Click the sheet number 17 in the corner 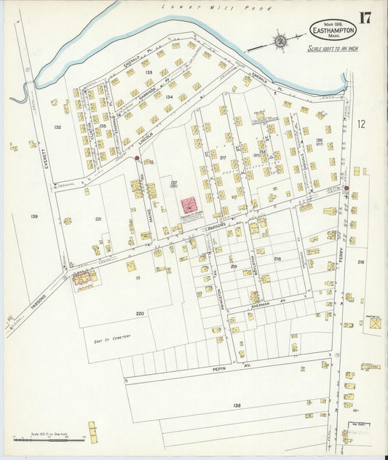pos(364,17)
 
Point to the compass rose pos(280,40)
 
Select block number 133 pos(148,73)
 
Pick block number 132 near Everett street pos(58,127)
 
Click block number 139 pos(33,217)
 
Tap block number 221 pos(98,219)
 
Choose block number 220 pos(140,313)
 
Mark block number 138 pos(237,405)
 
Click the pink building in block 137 pos(193,205)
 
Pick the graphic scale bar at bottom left pos(44,439)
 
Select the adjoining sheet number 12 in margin pos(361,124)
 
